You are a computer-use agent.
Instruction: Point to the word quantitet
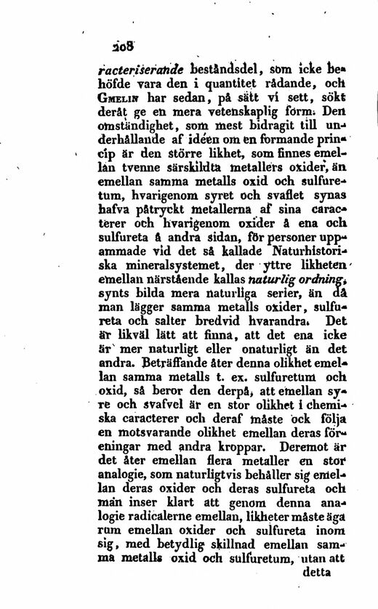pyautogui.click(x=211, y=85)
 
